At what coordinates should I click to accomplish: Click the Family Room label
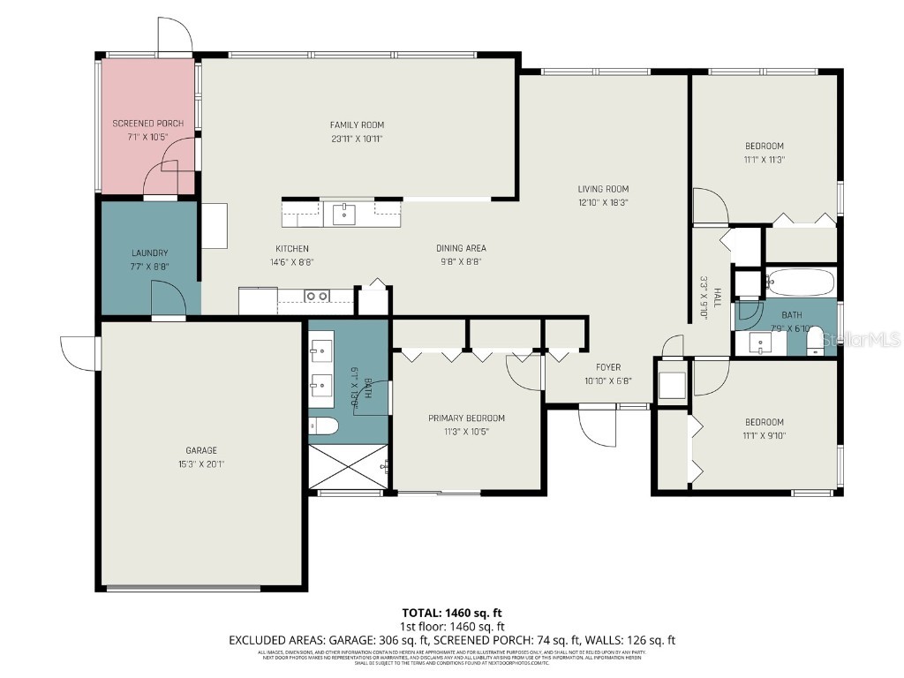(357, 125)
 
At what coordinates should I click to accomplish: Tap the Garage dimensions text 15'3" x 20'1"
(201, 463)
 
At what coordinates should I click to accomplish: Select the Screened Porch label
(147, 124)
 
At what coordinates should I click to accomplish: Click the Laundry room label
(149, 253)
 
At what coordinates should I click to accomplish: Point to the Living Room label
(603, 189)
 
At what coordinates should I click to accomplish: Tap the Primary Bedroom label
(466, 418)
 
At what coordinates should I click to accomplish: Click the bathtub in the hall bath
(799, 282)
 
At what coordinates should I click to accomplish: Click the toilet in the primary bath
(324, 426)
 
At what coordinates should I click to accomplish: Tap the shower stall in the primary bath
(348, 465)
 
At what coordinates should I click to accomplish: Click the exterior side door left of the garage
(80, 353)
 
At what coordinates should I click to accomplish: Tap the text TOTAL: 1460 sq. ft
(452, 613)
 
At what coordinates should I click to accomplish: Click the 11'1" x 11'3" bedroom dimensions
(764, 160)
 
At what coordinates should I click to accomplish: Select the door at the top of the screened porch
(174, 35)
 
